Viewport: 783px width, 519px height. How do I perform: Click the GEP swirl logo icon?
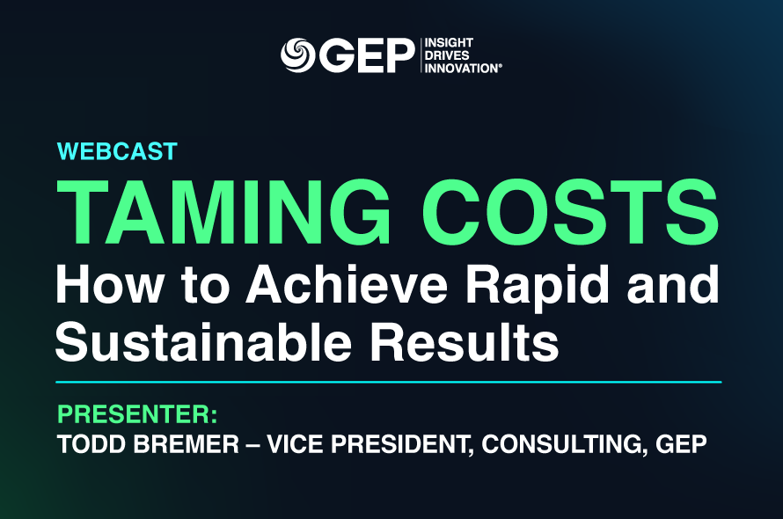tap(297, 55)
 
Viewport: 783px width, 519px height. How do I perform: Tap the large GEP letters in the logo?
tap(367, 55)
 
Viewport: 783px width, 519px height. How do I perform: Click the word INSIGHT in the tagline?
tap(449, 42)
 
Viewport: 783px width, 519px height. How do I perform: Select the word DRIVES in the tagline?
tap(447, 55)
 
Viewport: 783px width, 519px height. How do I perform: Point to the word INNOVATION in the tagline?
tap(462, 69)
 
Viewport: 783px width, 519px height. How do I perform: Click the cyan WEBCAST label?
tap(117, 151)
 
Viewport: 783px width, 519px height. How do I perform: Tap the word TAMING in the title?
tap(223, 211)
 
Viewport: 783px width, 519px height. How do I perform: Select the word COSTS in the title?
tap(569, 211)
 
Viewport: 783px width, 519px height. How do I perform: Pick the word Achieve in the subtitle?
tap(347, 284)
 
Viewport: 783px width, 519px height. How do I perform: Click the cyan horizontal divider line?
tap(389, 382)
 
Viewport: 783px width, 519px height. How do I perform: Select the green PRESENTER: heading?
tap(137, 414)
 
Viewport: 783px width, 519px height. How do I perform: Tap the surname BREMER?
tap(187, 444)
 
